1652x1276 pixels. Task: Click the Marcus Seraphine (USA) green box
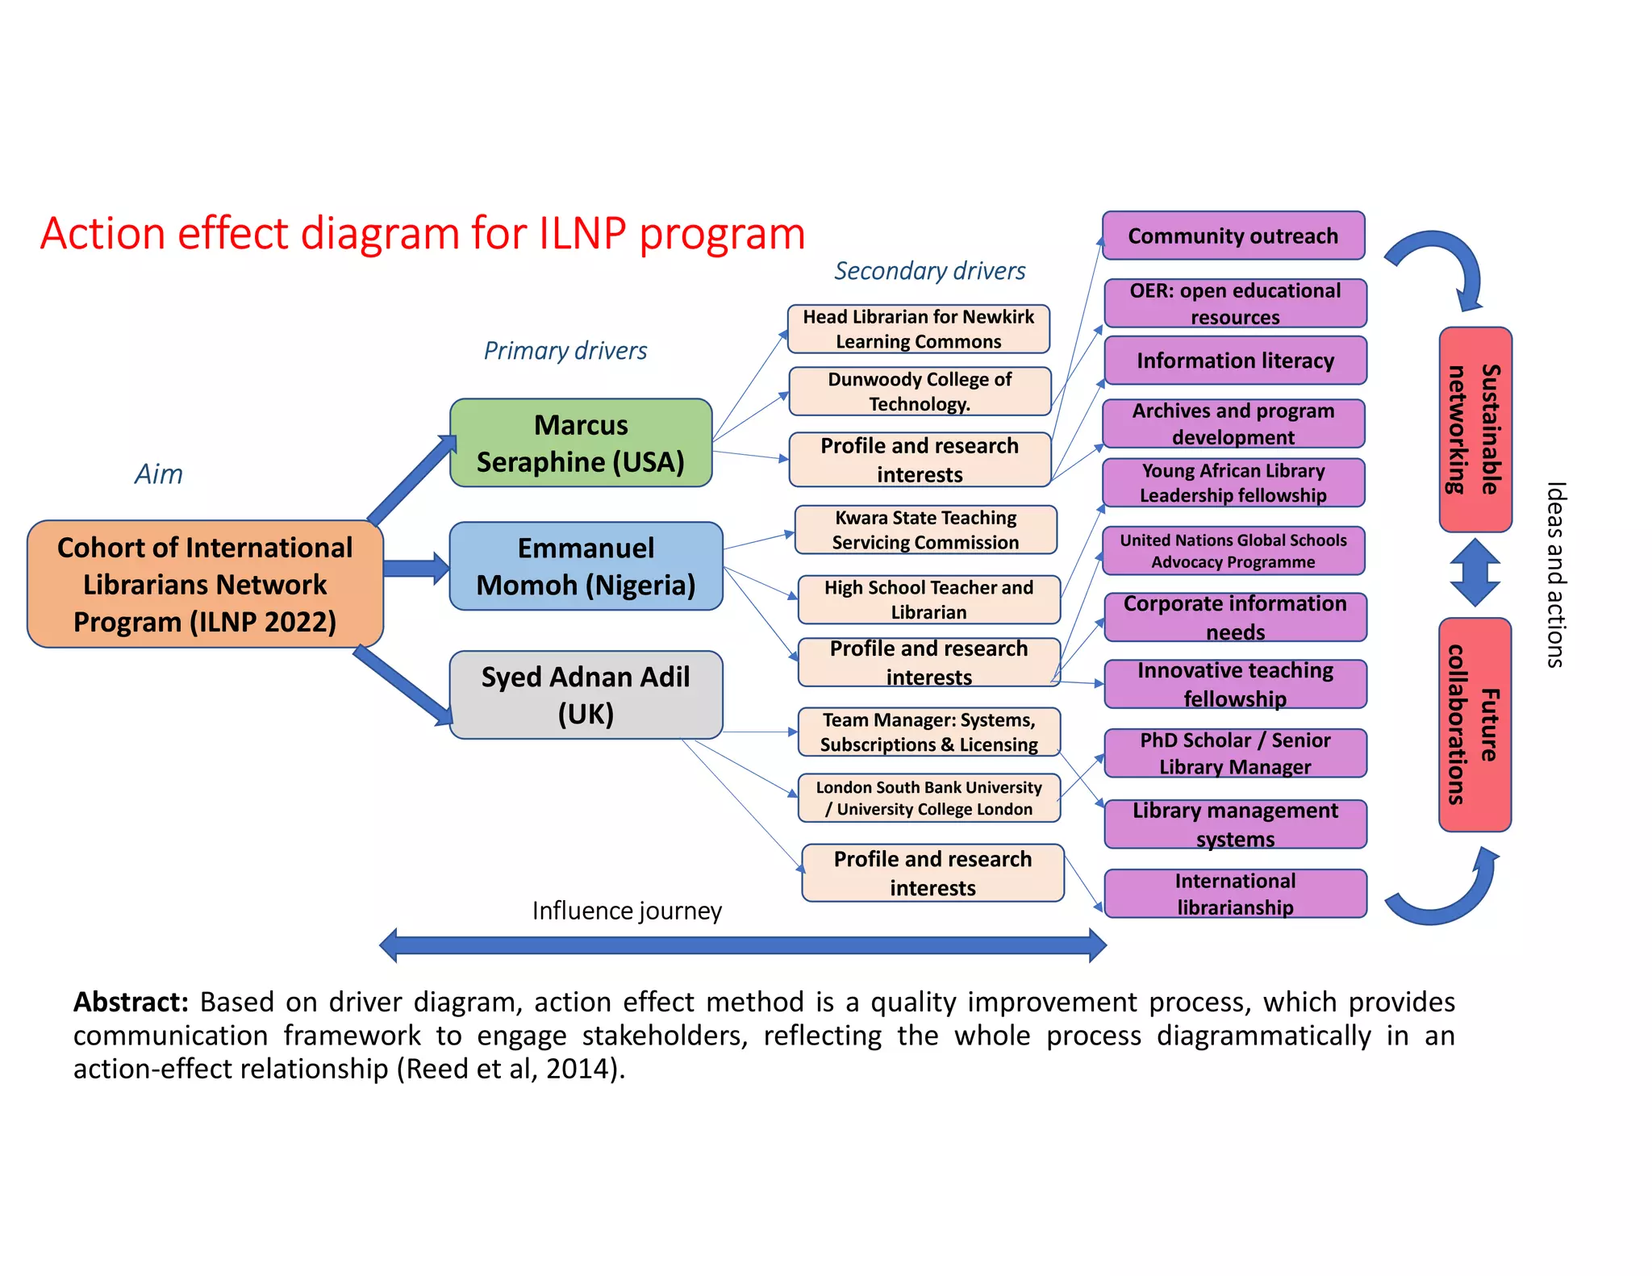pyautogui.click(x=580, y=443)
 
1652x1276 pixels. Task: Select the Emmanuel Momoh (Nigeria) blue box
pyautogui.click(x=586, y=566)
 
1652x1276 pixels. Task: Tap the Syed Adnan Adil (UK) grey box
pyautogui.click(x=586, y=694)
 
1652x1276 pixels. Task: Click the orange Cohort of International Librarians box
pyautogui.click(x=205, y=584)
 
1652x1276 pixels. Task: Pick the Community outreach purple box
pyautogui.click(x=1233, y=236)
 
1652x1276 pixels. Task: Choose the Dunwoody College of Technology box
pyautogui.click(x=920, y=391)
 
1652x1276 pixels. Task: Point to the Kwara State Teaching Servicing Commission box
pyautogui.click(x=925, y=530)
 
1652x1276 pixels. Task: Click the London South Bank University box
pyautogui.click(x=928, y=798)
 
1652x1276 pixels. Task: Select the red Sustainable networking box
pyautogui.click(x=1475, y=429)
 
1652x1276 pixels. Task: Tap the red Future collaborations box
pyautogui.click(x=1475, y=724)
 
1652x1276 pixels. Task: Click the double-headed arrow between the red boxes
pyautogui.click(x=1475, y=573)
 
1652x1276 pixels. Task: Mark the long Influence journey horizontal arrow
pyautogui.click(x=742, y=945)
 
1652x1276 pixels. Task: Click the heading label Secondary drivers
pyautogui.click(x=929, y=271)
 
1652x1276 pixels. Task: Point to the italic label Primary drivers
pyautogui.click(x=565, y=351)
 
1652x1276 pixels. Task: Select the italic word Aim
pyautogui.click(x=159, y=474)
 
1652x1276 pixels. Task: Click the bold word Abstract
pyautogui.click(x=131, y=1002)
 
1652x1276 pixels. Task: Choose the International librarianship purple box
pyautogui.click(x=1234, y=894)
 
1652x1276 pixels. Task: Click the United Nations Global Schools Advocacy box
pyautogui.click(x=1233, y=551)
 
